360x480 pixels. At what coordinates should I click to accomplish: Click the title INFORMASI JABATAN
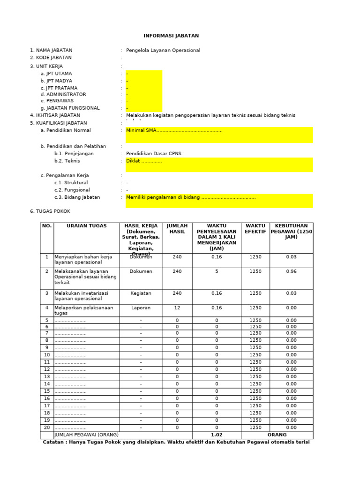pyautogui.click(x=171, y=36)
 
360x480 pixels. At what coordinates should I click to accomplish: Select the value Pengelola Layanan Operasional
pyautogui.click(x=163, y=50)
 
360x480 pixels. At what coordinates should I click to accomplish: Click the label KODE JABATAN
pyautogui.click(x=51, y=58)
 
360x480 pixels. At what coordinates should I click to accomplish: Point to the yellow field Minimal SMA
pyautogui.click(x=218, y=135)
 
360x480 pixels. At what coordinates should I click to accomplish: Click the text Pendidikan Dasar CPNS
pyautogui.click(x=153, y=154)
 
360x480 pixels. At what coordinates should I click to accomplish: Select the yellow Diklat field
pyautogui.click(x=218, y=165)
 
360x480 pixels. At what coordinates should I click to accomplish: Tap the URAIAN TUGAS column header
pyautogui.click(x=87, y=226)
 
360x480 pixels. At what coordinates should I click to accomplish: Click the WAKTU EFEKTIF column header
pyautogui.click(x=255, y=229)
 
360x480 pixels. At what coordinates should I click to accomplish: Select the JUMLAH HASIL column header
pyautogui.click(x=177, y=229)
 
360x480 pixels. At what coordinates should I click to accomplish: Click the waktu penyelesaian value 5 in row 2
pyautogui.click(x=217, y=271)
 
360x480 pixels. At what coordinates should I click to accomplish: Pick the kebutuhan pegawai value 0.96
pyautogui.click(x=291, y=271)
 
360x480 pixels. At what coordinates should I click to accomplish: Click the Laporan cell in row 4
pyautogui.click(x=141, y=308)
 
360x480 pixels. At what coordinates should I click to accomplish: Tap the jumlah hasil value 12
pyautogui.click(x=177, y=308)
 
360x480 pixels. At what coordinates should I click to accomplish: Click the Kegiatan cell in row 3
pyautogui.click(x=141, y=293)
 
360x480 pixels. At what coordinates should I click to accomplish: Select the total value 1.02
pyautogui.click(x=217, y=435)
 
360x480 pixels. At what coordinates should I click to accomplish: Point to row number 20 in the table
pyautogui.click(x=46, y=427)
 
